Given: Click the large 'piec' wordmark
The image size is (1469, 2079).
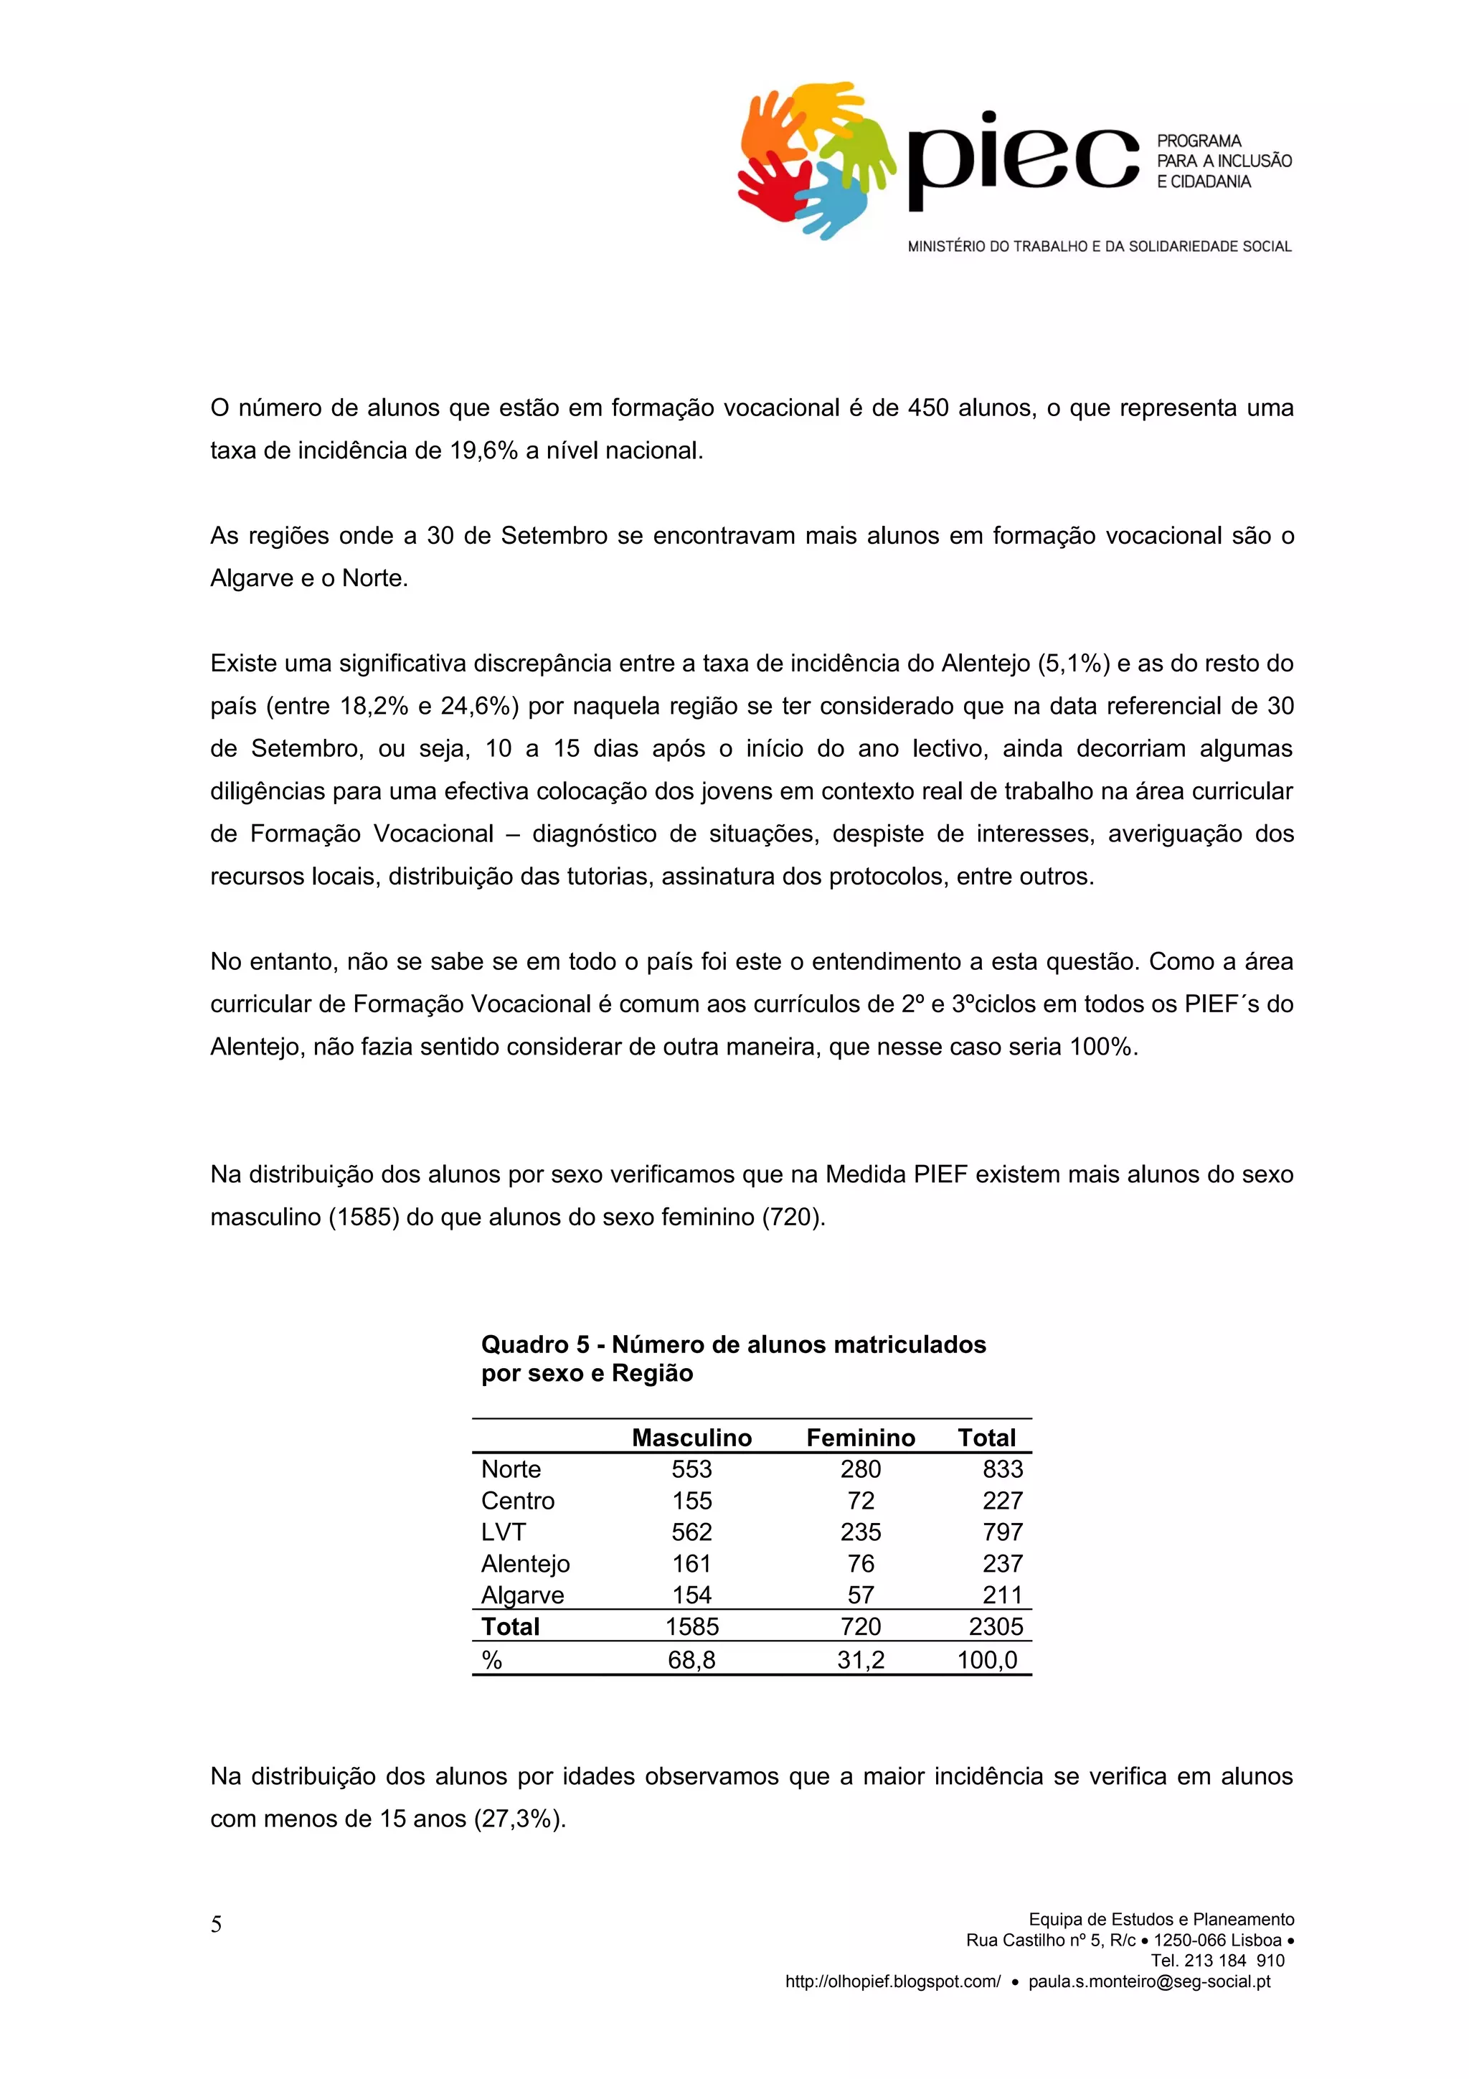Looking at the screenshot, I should [x=1022, y=159].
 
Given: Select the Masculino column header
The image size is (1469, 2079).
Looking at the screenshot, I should [x=691, y=1437].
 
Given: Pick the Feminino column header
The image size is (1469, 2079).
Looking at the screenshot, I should [x=860, y=1437].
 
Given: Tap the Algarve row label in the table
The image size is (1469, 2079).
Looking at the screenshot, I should [x=522, y=1595].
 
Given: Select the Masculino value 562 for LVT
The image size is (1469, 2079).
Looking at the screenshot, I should [x=691, y=1532].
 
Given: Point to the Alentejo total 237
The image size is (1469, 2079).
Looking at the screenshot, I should [x=1002, y=1564].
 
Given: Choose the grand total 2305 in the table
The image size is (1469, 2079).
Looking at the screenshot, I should [x=996, y=1626].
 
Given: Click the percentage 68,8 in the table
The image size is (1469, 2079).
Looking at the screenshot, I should [x=691, y=1660].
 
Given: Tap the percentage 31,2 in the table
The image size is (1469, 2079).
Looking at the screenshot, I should [x=860, y=1660].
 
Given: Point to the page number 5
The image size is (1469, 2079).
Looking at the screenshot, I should [x=217, y=1924].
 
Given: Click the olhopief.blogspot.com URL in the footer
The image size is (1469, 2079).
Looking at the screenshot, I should [x=892, y=1981].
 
